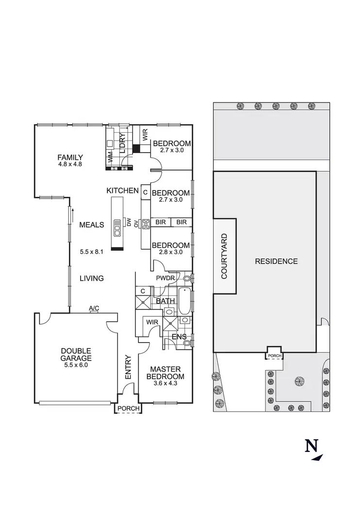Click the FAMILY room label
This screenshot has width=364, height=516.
pyautogui.click(x=70, y=157)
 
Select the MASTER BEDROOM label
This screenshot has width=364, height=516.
pyautogui.click(x=166, y=373)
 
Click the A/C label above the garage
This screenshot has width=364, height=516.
pyautogui.click(x=94, y=309)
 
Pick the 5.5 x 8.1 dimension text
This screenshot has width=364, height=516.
pyautogui.click(x=92, y=252)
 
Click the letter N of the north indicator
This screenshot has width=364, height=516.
pyautogui.click(x=311, y=446)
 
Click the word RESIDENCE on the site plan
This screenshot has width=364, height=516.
pyautogui.click(x=277, y=261)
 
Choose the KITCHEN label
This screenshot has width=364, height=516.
pyautogui.click(x=123, y=191)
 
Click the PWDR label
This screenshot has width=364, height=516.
pyautogui.click(x=162, y=278)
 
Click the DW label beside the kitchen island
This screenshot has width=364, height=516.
pyautogui.click(x=130, y=223)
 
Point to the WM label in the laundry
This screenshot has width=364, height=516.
pyautogui.click(x=111, y=157)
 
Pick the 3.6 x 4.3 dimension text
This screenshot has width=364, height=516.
pyautogui.click(x=166, y=384)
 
